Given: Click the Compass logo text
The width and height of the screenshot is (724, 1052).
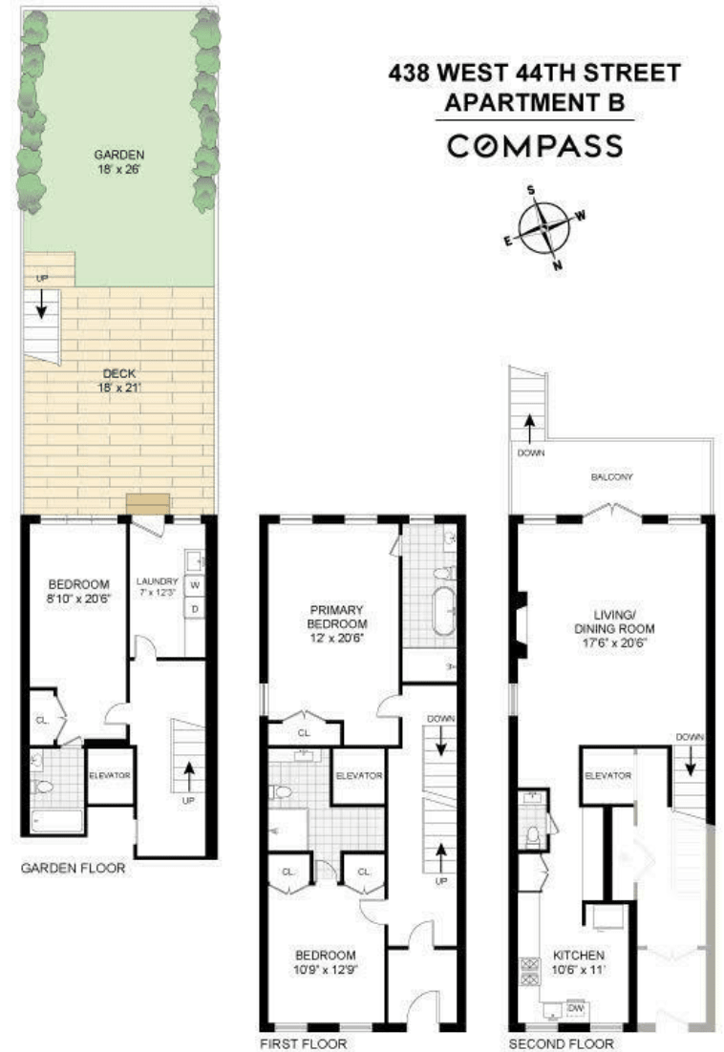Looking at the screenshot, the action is [535, 146].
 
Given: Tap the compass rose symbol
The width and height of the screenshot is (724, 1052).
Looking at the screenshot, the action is [543, 228].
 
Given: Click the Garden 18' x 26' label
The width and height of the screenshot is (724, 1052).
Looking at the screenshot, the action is [118, 161].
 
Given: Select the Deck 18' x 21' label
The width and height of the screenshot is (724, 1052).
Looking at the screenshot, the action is [118, 380].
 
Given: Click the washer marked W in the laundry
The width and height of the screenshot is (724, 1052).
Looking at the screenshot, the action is [195, 585].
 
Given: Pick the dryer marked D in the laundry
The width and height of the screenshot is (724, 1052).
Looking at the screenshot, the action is [195, 608].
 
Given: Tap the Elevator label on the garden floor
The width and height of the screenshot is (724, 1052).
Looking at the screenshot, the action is [110, 775].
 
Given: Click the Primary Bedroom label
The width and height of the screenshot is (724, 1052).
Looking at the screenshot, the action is [336, 623].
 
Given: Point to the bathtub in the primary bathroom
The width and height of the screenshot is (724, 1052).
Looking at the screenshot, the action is [443, 611].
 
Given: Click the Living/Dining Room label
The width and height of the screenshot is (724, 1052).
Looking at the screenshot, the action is [614, 629].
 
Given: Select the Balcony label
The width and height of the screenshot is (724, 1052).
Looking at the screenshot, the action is [611, 476].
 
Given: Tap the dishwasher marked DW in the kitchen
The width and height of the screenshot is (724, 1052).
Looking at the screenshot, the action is [575, 1008].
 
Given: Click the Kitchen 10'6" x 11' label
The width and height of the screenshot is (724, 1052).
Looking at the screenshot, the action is [579, 961].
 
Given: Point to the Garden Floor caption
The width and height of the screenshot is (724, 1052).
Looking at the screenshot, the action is [74, 868].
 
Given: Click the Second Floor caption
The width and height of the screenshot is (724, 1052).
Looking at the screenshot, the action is [561, 1043].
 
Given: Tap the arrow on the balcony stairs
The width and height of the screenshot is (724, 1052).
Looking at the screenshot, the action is [529, 427].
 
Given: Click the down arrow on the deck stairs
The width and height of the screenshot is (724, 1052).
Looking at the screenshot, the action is [41, 305].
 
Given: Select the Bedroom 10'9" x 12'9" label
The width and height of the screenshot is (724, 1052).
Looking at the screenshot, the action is [326, 961].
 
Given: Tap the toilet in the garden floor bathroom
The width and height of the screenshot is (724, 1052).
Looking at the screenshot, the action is [43, 787].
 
